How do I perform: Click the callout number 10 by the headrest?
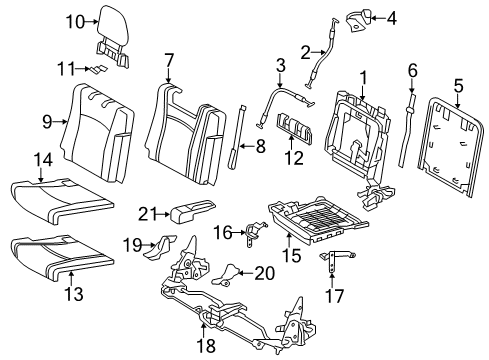pyautogui.click(x=75, y=22)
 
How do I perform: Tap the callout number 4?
pyautogui.click(x=391, y=18)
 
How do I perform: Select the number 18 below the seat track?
pyautogui.click(x=207, y=345)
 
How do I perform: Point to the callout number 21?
pyautogui.click(x=148, y=214)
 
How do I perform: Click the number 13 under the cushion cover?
pyautogui.click(x=74, y=294)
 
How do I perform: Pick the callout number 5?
pyautogui.click(x=458, y=86)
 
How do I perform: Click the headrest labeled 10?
pyautogui.click(x=113, y=36)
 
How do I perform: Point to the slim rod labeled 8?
pyautogui.click(x=236, y=137)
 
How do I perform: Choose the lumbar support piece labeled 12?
pyautogui.click(x=294, y=126)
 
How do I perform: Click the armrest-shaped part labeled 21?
pyautogui.click(x=193, y=211)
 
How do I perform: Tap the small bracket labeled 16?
pyautogui.click(x=256, y=232)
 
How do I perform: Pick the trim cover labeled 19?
pyautogui.click(x=160, y=247)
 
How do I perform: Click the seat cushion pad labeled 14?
pyautogui.click(x=62, y=199)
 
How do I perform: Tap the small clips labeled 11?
pyautogui.click(x=97, y=69)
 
